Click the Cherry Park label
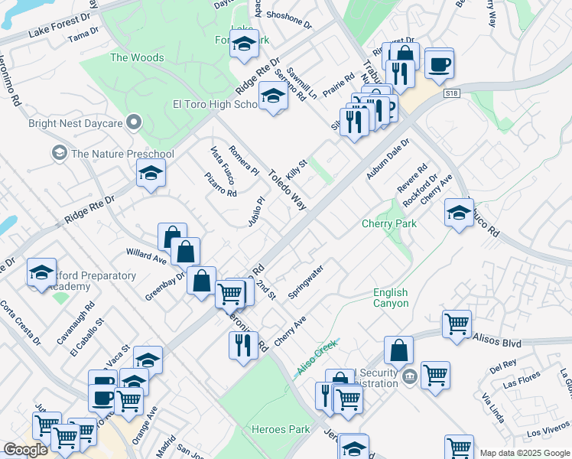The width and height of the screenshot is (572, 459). tap(389, 223)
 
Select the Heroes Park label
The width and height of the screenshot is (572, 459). tap(281, 429)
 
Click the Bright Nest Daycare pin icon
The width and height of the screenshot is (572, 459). tap(135, 122)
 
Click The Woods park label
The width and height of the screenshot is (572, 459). tap(137, 57)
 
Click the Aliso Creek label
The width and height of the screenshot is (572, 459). tap(316, 358)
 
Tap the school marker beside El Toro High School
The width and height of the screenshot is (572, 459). tap(273, 96)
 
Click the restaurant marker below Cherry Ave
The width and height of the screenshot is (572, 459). tap(243, 345)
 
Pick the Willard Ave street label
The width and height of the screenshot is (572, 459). tap(146, 255)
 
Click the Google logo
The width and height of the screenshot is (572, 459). tap(25, 450)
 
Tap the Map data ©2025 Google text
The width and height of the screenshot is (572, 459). tap(525, 453)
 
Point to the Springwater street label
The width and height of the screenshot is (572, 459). tap(307, 282)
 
